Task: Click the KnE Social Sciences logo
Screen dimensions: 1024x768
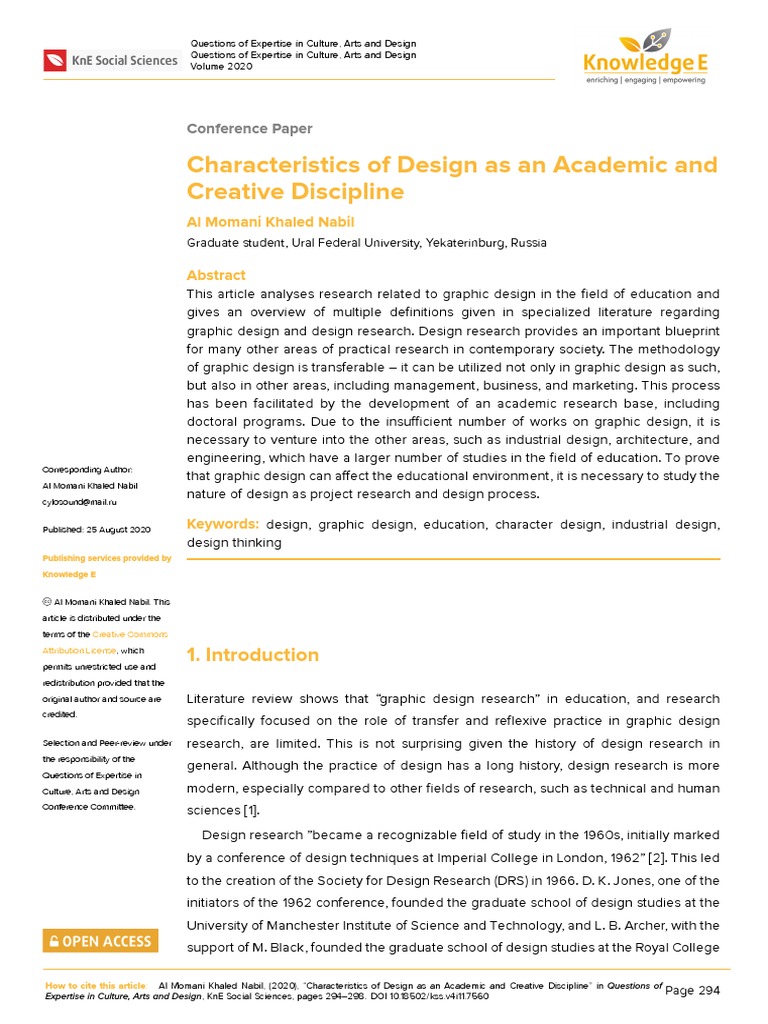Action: tap(110, 61)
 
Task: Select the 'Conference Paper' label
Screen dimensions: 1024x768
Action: tap(249, 128)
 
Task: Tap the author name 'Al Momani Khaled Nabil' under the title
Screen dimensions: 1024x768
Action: tap(270, 221)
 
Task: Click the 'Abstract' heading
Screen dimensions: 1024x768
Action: tap(216, 275)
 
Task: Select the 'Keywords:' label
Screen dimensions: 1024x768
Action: tap(223, 524)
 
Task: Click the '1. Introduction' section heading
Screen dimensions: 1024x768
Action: tap(253, 655)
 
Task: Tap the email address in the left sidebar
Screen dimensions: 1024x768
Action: tap(81, 502)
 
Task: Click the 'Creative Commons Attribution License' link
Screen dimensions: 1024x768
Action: tap(105, 642)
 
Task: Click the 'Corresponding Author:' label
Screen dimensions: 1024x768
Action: tap(86, 470)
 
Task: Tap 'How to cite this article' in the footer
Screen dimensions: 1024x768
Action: tap(96, 986)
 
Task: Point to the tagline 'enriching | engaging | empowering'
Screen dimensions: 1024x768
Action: tap(645, 80)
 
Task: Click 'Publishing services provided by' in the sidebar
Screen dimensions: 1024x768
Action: tap(106, 558)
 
